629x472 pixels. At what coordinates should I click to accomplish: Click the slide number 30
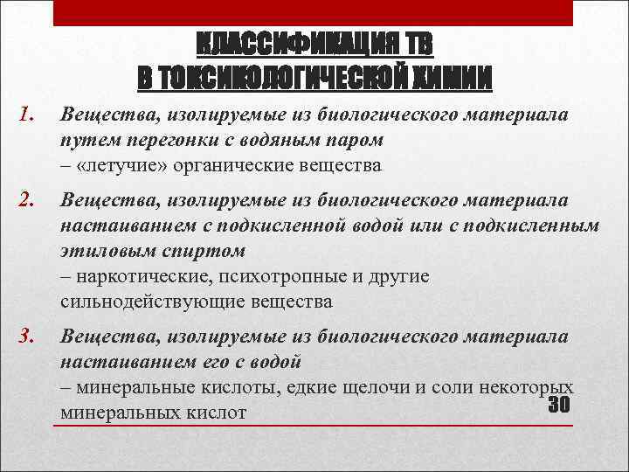click(x=558, y=406)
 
